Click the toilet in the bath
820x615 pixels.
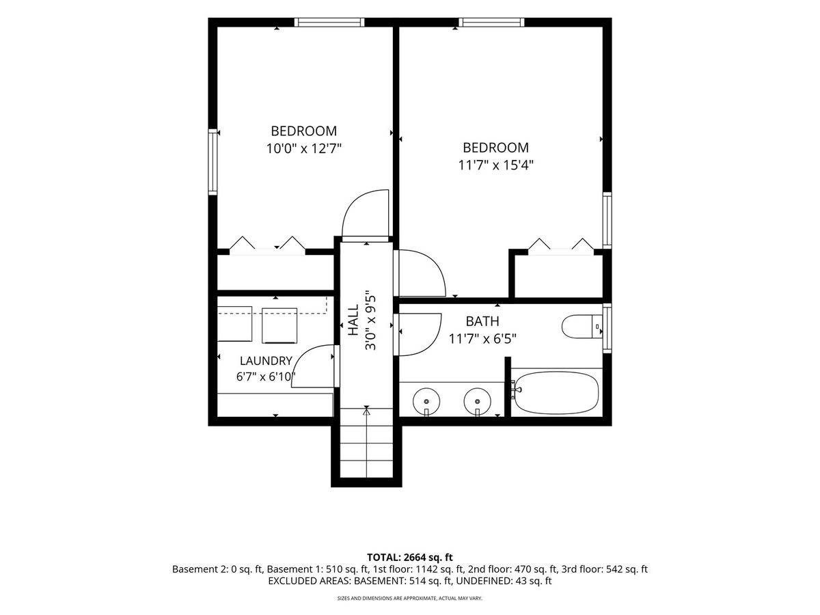(x=582, y=327)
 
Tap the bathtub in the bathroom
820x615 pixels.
(x=556, y=392)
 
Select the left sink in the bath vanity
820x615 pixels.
(x=426, y=402)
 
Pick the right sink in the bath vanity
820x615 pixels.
(x=477, y=402)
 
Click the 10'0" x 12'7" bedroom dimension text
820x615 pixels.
(x=303, y=149)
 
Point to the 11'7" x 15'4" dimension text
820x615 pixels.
(x=495, y=165)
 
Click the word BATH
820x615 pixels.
(x=482, y=321)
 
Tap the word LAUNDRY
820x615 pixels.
(x=266, y=361)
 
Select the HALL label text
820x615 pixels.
(x=353, y=320)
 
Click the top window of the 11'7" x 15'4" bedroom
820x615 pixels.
(x=491, y=23)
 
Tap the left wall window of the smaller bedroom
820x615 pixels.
(x=213, y=162)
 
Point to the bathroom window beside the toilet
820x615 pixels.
(x=607, y=328)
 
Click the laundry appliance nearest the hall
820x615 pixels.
(x=279, y=325)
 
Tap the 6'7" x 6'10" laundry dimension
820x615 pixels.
(x=264, y=377)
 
